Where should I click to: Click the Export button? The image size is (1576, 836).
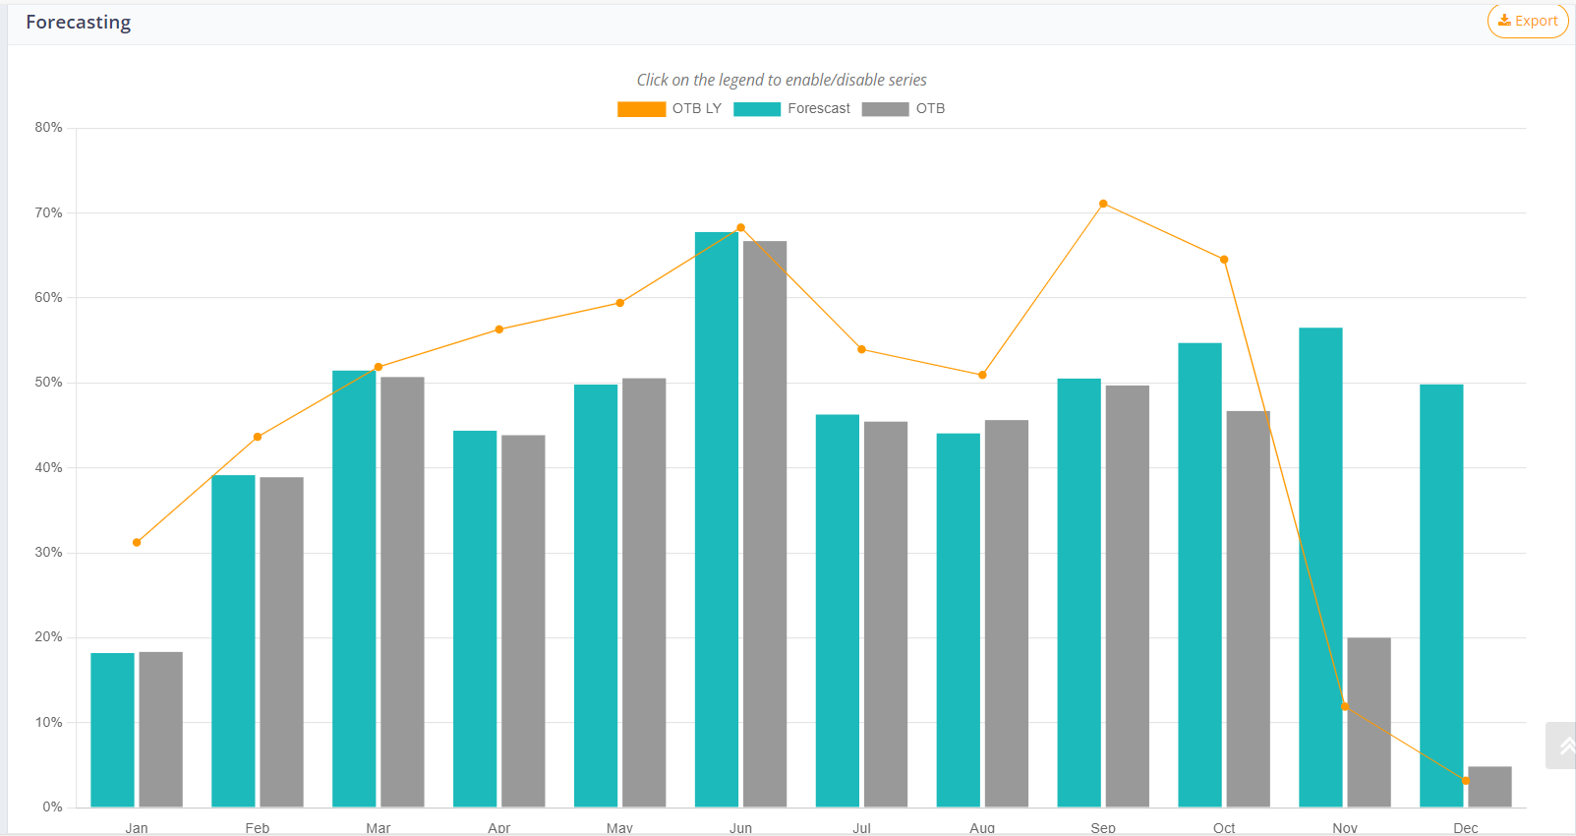pyautogui.click(x=1527, y=21)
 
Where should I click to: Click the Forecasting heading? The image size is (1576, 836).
pyautogui.click(x=78, y=22)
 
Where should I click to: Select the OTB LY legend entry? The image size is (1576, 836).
pyautogui.click(x=670, y=109)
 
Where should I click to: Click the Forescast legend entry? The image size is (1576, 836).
pyautogui.click(x=792, y=109)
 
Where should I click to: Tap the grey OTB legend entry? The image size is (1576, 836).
pyautogui.click(x=904, y=109)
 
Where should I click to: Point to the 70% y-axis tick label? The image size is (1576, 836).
pyautogui.click(x=48, y=212)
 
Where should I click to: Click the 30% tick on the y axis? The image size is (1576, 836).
pyautogui.click(x=48, y=553)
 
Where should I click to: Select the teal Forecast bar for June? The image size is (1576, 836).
pyautogui.click(x=716, y=521)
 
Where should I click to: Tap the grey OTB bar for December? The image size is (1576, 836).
pyautogui.click(x=1489, y=787)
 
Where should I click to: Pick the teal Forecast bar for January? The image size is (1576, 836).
pyautogui.click(x=112, y=730)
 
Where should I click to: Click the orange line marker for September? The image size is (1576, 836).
pyautogui.click(x=1103, y=204)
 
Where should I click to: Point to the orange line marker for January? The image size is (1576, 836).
pyautogui.click(x=137, y=542)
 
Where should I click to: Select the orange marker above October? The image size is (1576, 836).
pyautogui.click(x=1224, y=260)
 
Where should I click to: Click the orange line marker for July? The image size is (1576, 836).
pyautogui.click(x=861, y=349)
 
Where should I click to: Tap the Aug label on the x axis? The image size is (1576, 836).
pyautogui.click(x=982, y=828)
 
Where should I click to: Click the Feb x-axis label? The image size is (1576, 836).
pyautogui.click(x=258, y=828)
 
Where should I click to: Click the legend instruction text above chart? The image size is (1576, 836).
pyautogui.click(x=782, y=80)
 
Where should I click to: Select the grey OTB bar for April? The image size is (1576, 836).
pyautogui.click(x=523, y=620)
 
